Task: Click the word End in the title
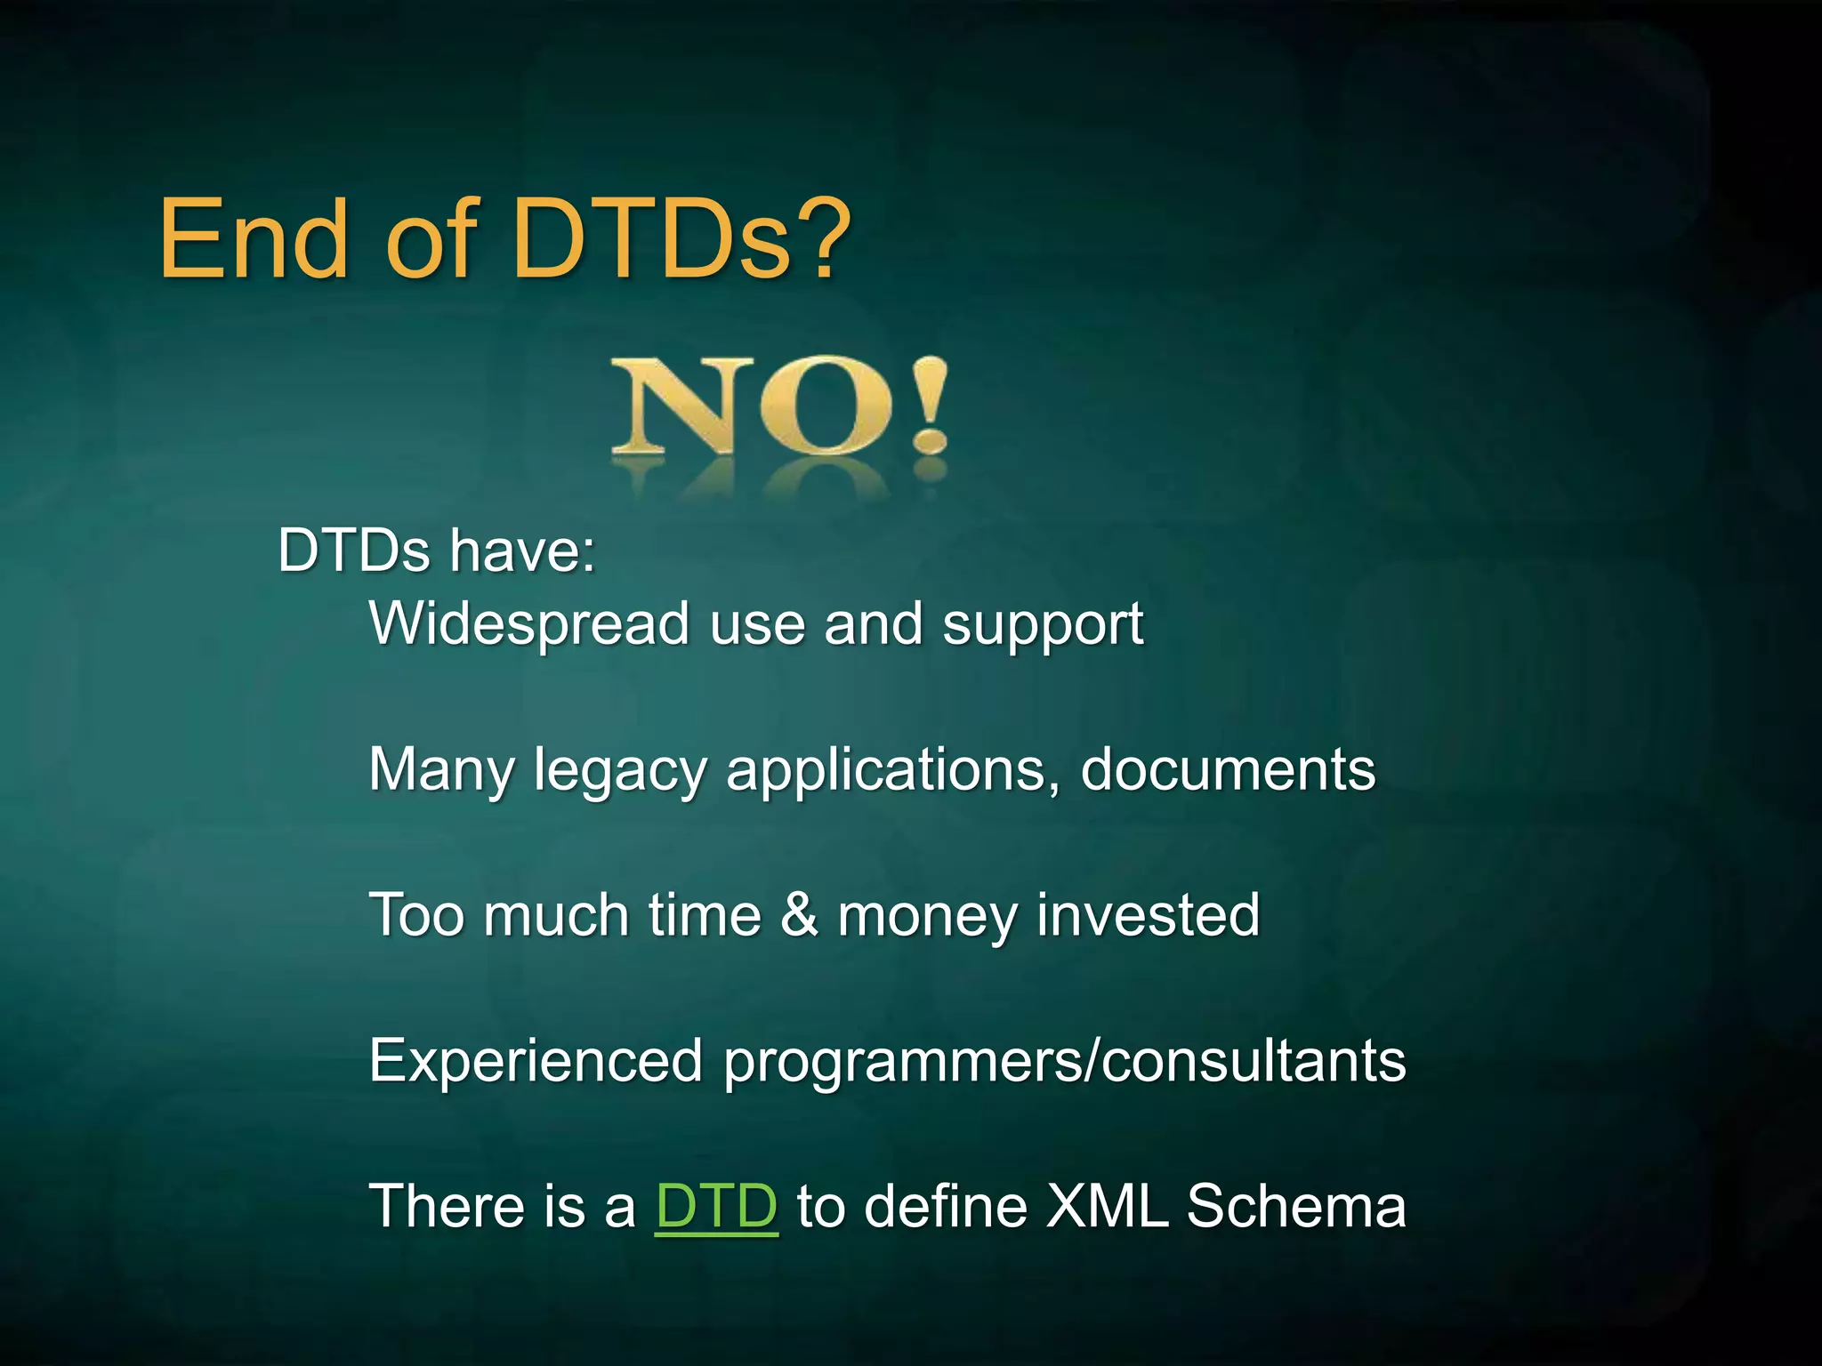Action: [x=254, y=240]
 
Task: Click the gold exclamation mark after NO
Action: [x=930, y=405]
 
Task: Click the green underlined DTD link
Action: [x=716, y=1207]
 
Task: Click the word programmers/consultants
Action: [x=1064, y=1063]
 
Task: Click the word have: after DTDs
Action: [x=522, y=550]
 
